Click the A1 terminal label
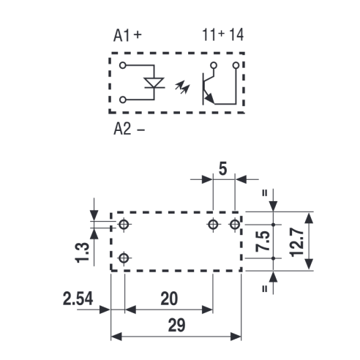click(121, 36)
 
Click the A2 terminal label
click(122, 129)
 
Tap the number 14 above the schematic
click(236, 35)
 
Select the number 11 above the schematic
click(209, 35)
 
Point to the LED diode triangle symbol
click(154, 83)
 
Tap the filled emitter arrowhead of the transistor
click(209, 98)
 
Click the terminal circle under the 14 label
click(236, 65)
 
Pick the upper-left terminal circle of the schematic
click(123, 65)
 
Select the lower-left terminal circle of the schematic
click(123, 100)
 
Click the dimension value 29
click(176, 325)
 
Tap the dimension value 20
click(169, 299)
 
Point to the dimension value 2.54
click(78, 299)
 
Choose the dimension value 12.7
click(297, 242)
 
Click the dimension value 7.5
click(263, 241)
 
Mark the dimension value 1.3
click(82, 252)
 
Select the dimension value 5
click(222, 169)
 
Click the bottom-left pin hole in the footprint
click(124, 258)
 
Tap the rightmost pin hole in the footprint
click(235, 224)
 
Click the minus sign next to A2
click(141, 130)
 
